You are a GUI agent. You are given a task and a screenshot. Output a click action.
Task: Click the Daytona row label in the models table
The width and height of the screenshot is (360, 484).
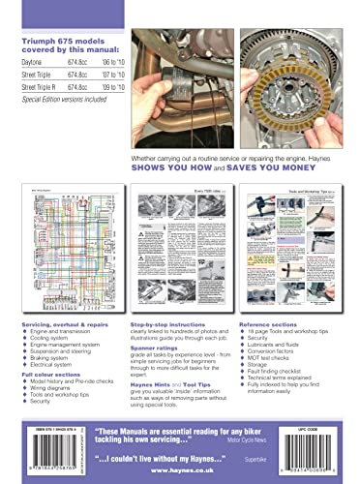pos(34,62)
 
